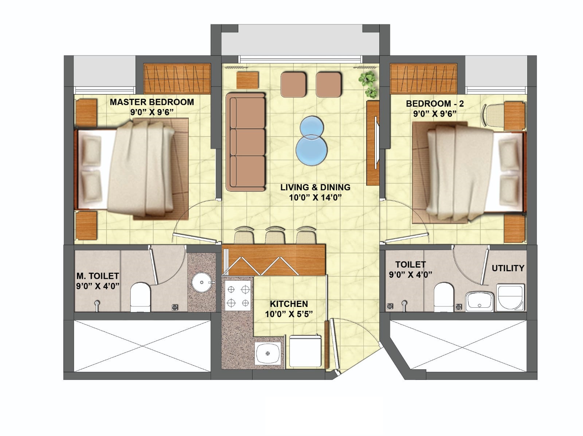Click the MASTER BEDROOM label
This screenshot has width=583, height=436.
point(152,102)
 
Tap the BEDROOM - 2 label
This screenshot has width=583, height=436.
point(435,104)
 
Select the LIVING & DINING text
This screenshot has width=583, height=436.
point(315,187)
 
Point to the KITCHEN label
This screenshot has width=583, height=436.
point(289,304)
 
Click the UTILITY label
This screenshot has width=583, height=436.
point(508,268)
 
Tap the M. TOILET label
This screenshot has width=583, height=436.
point(98,276)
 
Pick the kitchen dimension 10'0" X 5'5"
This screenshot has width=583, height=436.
point(289,314)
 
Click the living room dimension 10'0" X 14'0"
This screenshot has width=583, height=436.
point(315,198)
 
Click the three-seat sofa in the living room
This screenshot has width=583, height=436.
point(246,141)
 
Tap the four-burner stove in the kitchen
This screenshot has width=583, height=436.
point(238,296)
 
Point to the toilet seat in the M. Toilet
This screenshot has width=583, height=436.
point(141,297)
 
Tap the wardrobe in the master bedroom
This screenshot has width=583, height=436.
point(177,78)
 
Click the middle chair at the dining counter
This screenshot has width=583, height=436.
point(275,235)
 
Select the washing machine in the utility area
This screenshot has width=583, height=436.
point(510,297)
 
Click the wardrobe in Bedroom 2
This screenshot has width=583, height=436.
point(424,79)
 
